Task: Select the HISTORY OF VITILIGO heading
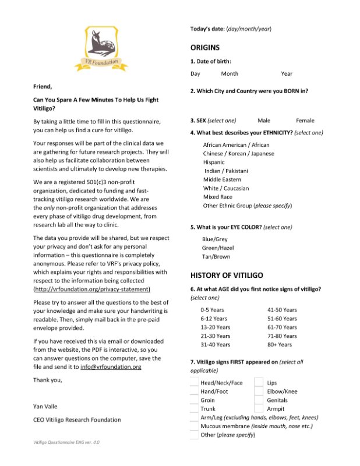point(227,274)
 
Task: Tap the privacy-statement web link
point(92,289)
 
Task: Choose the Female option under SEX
point(305,121)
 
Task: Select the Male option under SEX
point(264,121)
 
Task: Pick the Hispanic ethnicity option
point(214,162)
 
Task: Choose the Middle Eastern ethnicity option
point(223,179)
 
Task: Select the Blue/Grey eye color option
point(215,239)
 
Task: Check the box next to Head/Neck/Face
point(194,383)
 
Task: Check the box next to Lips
point(259,383)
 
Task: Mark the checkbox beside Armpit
point(259,409)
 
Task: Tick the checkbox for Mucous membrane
point(194,426)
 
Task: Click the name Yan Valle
point(45,406)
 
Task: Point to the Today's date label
point(208,29)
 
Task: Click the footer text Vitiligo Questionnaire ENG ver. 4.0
point(66,443)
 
